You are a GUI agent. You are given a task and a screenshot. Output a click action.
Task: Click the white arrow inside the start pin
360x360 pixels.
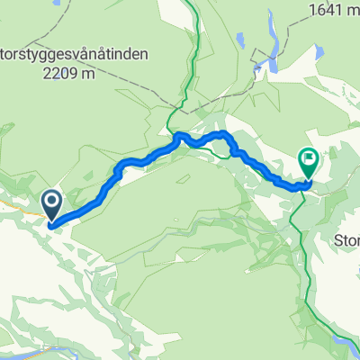click(x=50, y=202)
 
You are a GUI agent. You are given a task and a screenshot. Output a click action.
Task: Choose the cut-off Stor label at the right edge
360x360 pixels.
click(x=346, y=240)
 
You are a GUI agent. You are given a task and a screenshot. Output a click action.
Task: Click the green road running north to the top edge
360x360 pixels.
click(x=189, y=54)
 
